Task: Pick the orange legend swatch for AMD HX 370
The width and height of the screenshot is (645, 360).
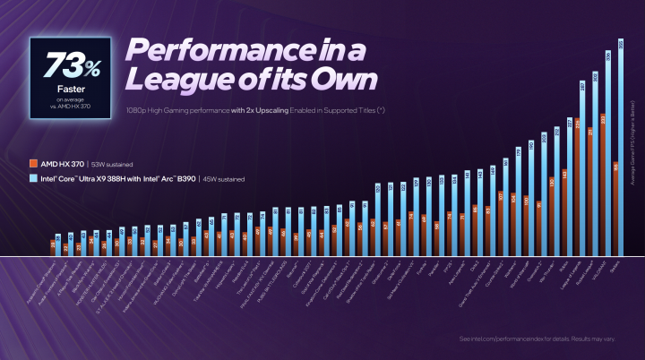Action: pos(33,164)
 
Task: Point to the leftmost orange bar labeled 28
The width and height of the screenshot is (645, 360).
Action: pos(53,248)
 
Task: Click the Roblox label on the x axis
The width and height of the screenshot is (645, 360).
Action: pos(563,263)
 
